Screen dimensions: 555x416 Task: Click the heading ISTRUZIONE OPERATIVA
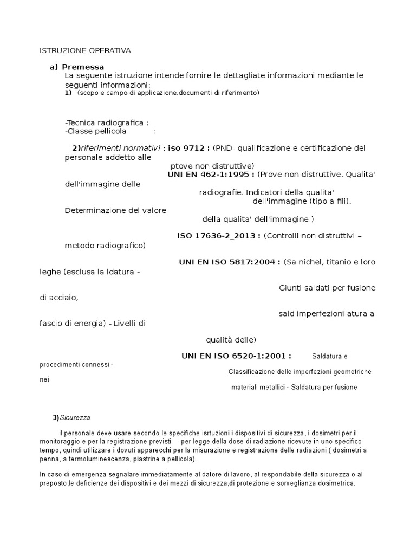86,51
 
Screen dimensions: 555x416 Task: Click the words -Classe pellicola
95,131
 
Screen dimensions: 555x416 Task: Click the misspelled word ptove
180,165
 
